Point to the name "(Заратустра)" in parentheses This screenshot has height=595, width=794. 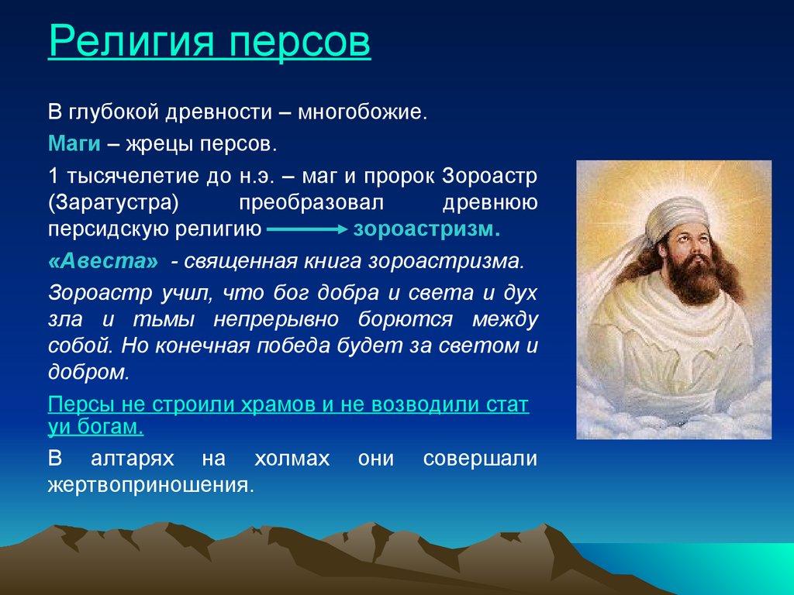tap(114, 201)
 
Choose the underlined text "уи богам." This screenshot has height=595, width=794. tap(95, 428)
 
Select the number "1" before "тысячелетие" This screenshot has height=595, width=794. tap(53, 174)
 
